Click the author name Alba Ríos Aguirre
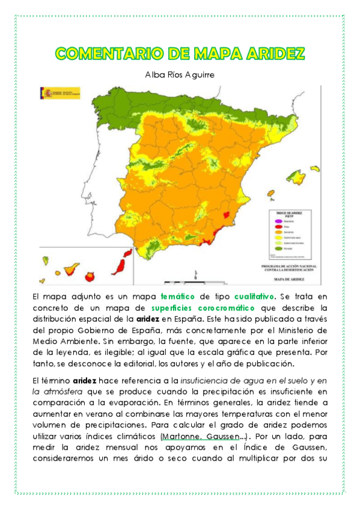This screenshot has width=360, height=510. coord(180,74)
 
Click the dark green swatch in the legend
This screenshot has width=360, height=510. coord(278,248)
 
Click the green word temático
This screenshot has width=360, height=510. coord(176,296)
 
